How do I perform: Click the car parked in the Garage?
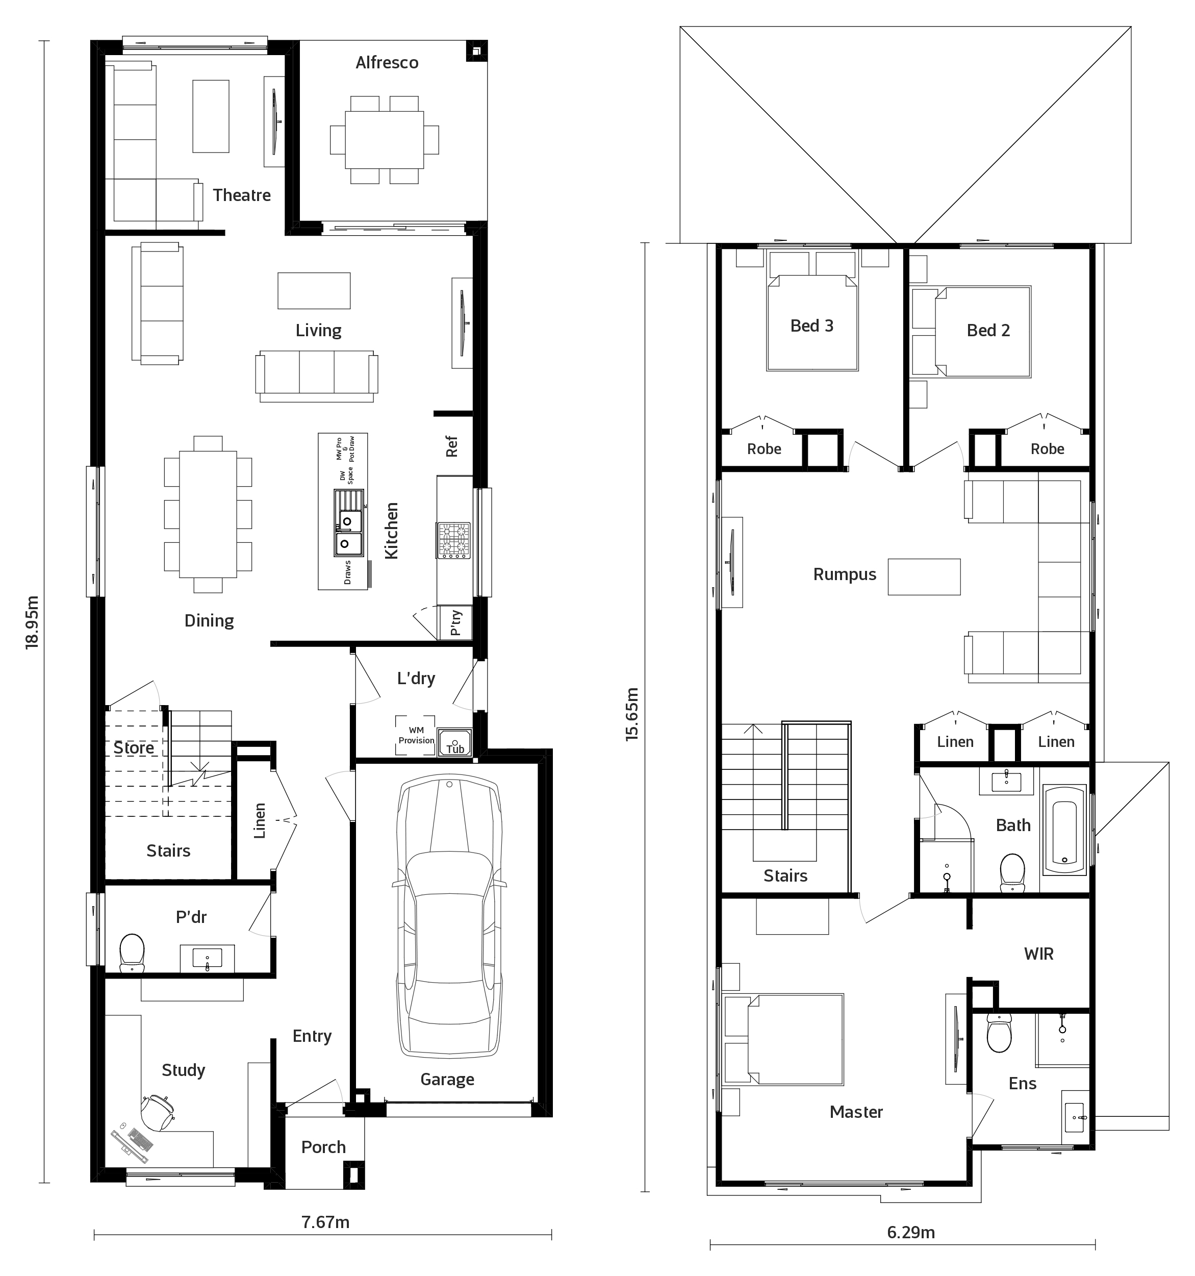(x=449, y=917)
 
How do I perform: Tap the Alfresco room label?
(x=387, y=63)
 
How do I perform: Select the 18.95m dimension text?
(x=32, y=622)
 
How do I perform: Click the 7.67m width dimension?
(x=325, y=1221)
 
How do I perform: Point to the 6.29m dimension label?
(x=911, y=1232)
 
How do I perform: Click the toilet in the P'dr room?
(x=132, y=953)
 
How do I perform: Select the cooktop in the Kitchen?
(x=454, y=540)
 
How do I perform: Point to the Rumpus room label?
(x=845, y=574)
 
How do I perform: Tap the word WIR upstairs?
(x=1038, y=954)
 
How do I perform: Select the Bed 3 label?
(x=812, y=326)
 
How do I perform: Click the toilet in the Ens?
(x=999, y=1033)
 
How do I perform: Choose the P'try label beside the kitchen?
(x=455, y=622)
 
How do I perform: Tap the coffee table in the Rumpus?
(x=924, y=577)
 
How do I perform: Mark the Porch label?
(x=323, y=1147)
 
